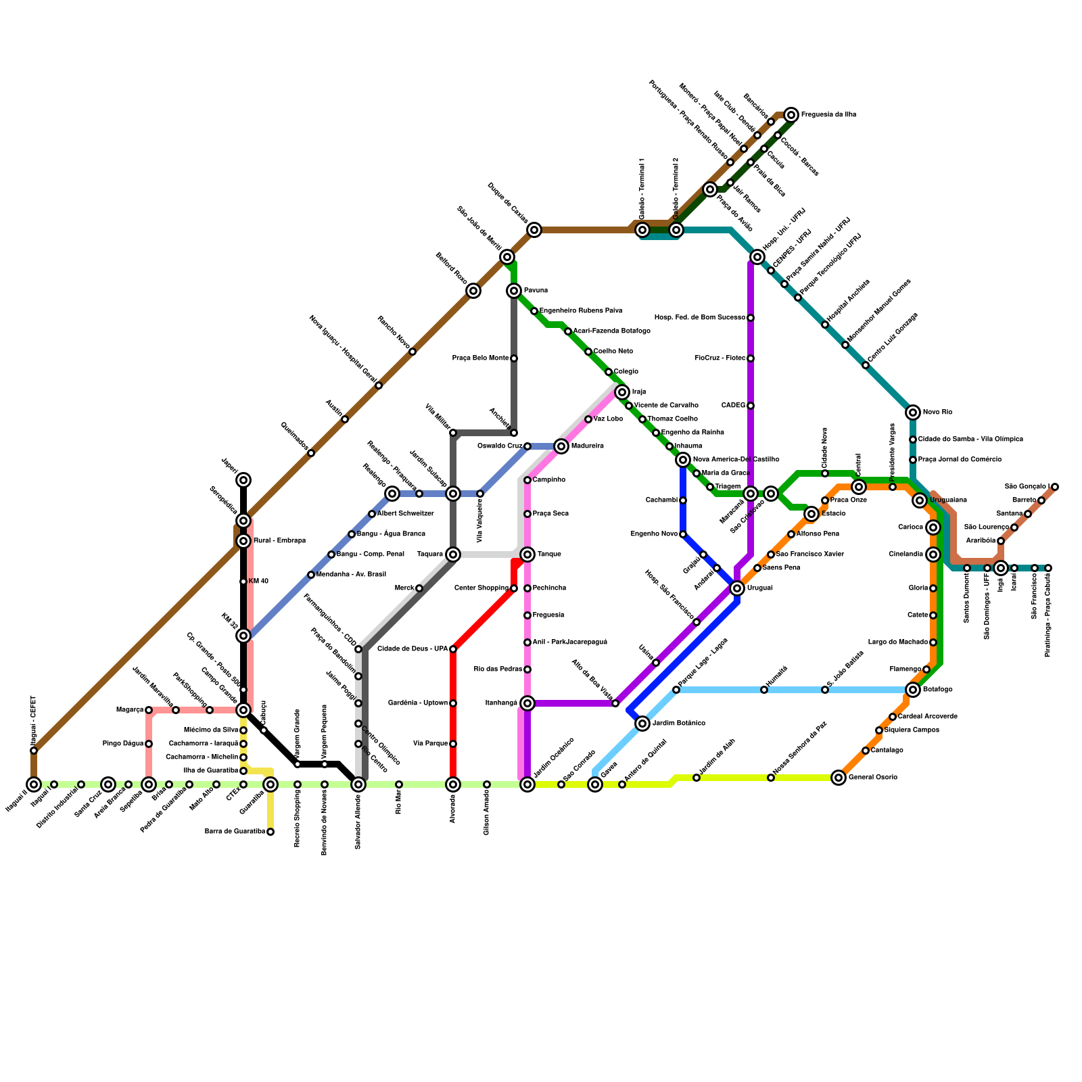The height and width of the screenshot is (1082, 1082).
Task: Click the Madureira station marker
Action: point(561,446)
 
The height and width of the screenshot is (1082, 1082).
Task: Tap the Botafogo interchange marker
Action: point(913,690)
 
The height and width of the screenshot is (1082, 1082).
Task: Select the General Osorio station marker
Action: point(839,778)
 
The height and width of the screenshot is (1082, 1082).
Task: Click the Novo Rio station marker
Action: point(913,413)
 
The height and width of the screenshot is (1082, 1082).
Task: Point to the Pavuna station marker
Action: point(515,291)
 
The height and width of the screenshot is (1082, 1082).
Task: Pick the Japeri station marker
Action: point(243,480)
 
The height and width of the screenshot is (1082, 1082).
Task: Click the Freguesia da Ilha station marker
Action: point(791,115)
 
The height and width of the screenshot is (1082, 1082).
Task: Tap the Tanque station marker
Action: point(527,555)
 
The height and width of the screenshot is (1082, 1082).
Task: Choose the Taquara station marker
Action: point(453,555)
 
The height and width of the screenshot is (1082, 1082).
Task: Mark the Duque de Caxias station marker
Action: point(534,230)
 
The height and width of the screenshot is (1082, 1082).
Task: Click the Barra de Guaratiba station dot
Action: point(270,832)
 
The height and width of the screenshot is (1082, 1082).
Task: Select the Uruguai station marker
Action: point(737,588)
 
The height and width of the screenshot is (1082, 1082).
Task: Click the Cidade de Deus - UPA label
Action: point(412,649)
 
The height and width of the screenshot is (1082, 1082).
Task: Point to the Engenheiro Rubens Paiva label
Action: point(580,311)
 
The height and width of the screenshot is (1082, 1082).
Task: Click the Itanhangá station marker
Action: point(527,703)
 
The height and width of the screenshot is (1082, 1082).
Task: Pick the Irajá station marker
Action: point(622,392)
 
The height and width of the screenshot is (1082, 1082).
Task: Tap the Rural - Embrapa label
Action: point(279,541)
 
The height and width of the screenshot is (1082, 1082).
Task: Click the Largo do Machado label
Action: point(897,642)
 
